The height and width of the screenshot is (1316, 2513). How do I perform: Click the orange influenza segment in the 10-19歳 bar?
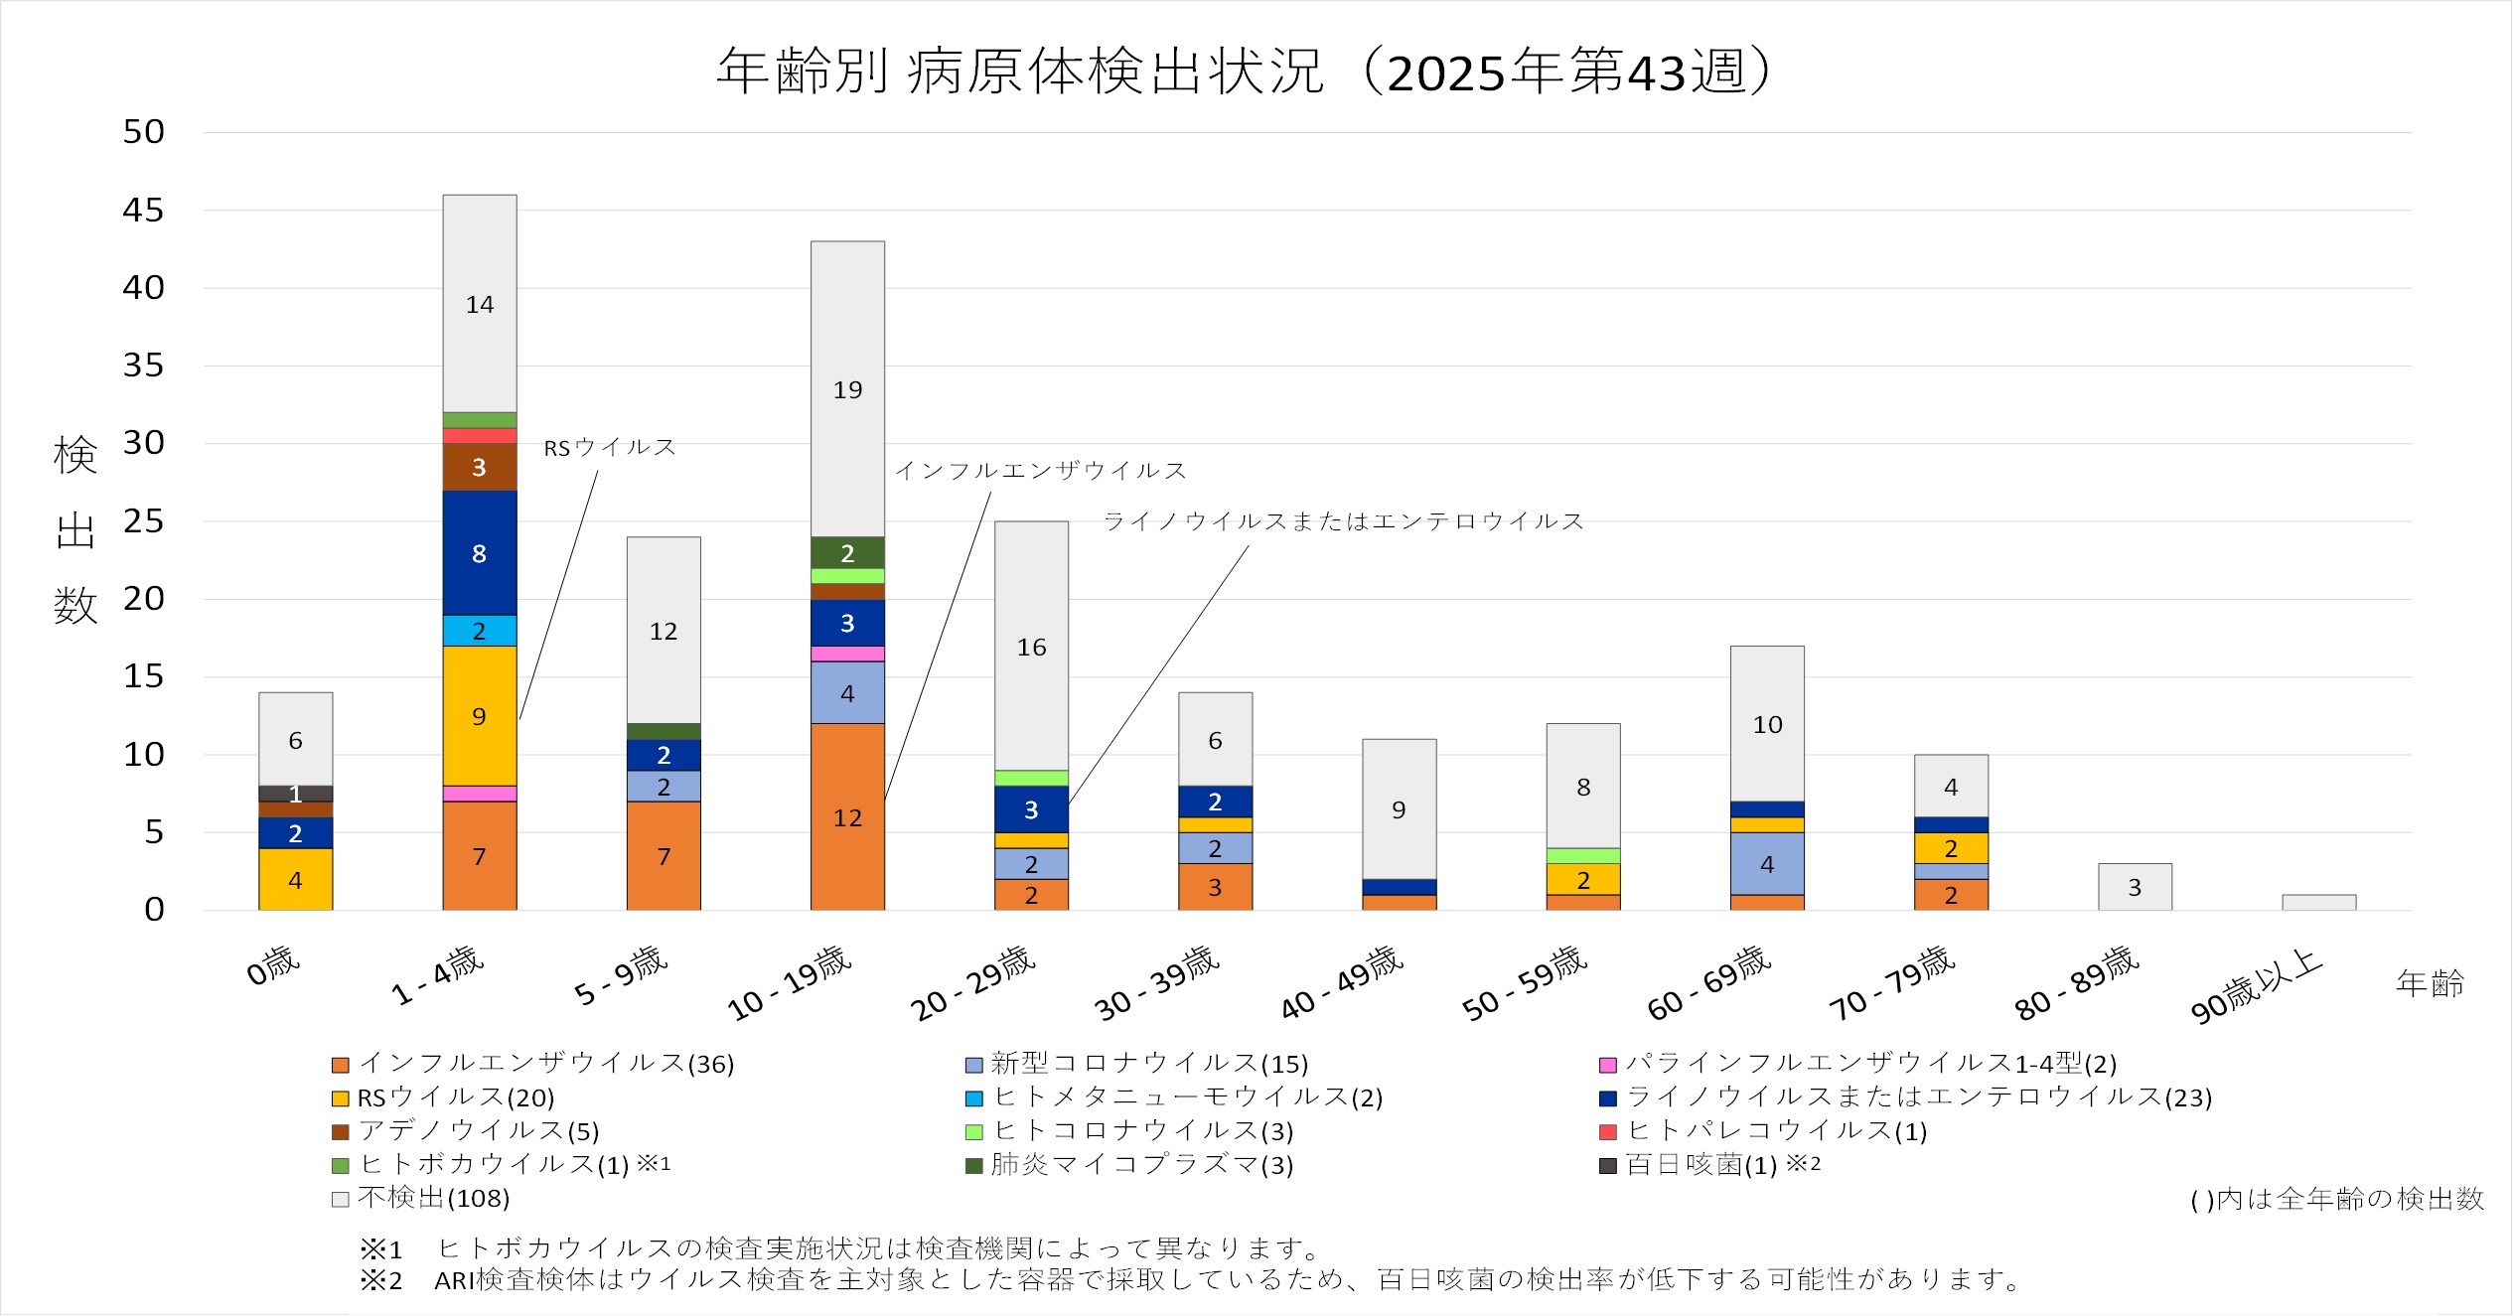[847, 816]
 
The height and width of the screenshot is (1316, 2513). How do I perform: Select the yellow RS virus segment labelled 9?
[479, 715]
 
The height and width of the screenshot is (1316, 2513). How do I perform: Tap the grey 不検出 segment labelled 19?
[847, 389]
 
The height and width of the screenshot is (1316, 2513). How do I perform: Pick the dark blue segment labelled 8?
[479, 553]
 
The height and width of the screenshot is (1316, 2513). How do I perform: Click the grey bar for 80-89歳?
[2135, 887]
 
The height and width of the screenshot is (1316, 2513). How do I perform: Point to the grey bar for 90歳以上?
[2318, 902]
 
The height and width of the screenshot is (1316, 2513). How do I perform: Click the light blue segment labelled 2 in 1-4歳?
[479, 631]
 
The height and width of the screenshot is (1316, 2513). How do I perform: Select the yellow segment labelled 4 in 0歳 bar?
[295, 879]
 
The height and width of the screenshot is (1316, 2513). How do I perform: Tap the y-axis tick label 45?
[144, 211]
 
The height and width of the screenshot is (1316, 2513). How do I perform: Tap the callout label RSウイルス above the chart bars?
[610, 448]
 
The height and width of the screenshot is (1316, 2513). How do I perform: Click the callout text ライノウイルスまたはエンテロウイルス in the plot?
[1343, 521]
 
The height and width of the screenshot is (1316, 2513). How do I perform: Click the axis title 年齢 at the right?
[2430, 983]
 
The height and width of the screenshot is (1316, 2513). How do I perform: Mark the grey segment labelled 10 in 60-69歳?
[1767, 724]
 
